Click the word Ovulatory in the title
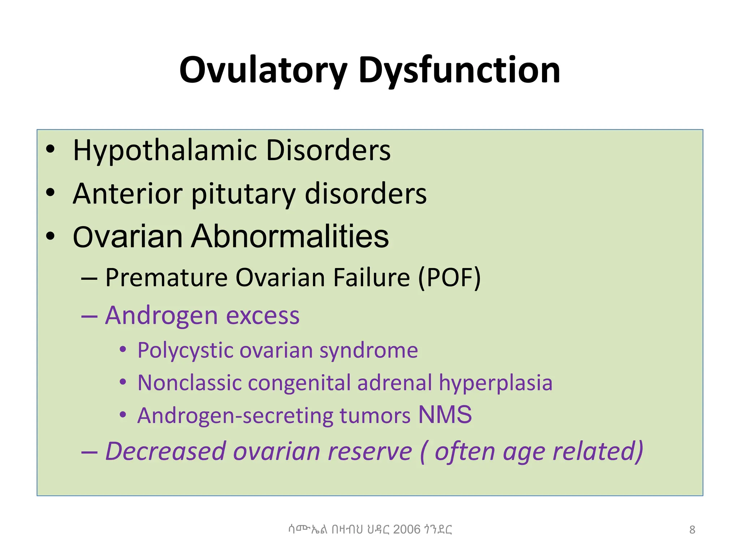coord(263,70)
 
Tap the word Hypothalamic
coord(165,151)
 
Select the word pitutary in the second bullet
coord(243,194)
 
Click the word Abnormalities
coord(290,237)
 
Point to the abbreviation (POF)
coord(449,278)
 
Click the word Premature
coord(166,278)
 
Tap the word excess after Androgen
coord(263,316)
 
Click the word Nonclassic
coord(189,383)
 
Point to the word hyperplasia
coord(495,383)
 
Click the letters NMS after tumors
coord(445,415)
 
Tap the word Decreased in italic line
coord(165,452)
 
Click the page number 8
coord(692,530)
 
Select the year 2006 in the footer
coord(407,529)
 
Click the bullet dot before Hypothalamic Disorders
coord(51,149)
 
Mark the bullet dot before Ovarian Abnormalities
coord(51,236)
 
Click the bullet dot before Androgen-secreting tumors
coord(123,415)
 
